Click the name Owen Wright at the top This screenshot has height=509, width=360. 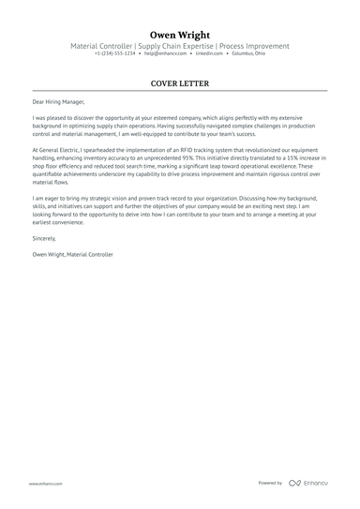click(179, 35)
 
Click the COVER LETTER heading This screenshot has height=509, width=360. click(179, 83)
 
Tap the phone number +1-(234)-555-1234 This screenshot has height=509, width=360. click(114, 53)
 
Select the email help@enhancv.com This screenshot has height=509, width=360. click(163, 53)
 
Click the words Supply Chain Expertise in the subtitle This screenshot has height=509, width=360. click(177, 46)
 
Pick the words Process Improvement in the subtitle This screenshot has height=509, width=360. click(255, 46)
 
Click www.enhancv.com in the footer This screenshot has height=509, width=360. click(45, 484)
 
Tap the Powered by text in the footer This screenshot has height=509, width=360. click(270, 483)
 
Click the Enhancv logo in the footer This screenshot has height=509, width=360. click(309, 483)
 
